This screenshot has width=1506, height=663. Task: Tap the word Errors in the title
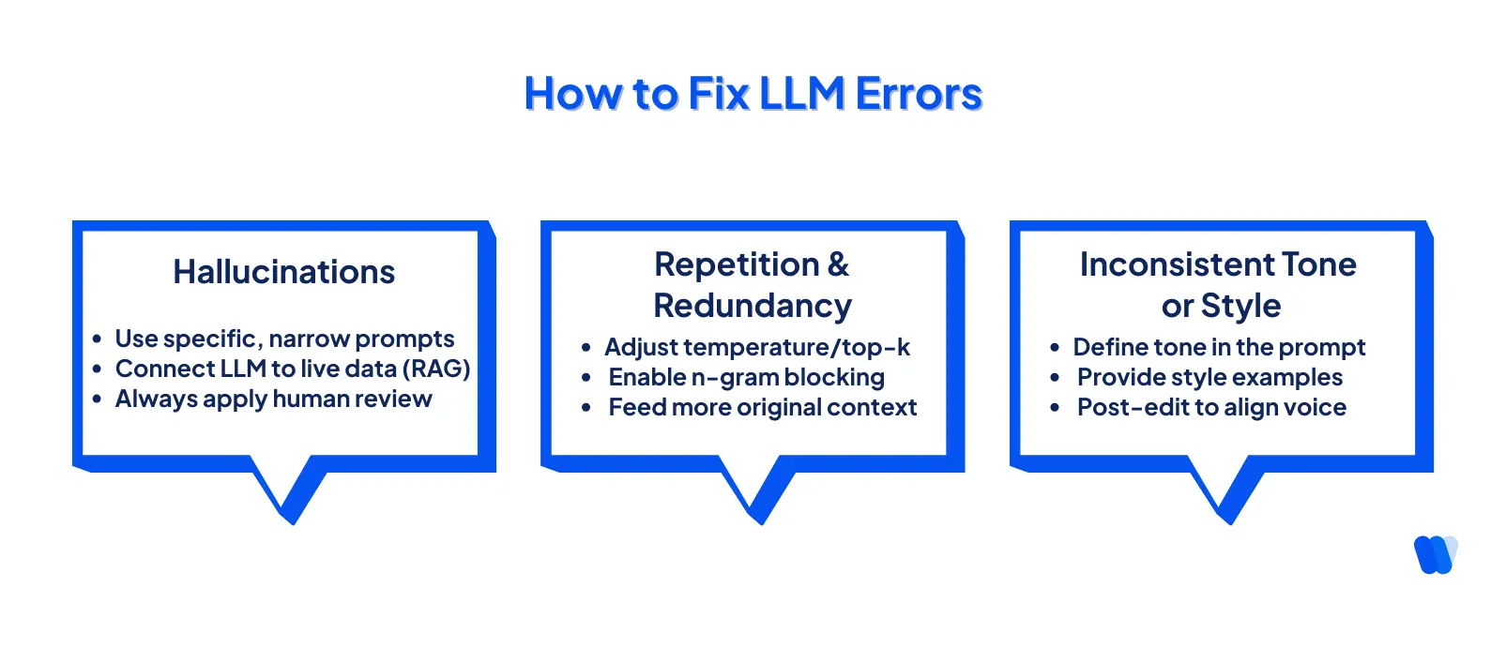click(919, 94)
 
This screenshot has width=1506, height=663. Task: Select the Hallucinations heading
click(283, 272)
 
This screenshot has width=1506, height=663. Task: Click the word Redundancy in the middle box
click(753, 306)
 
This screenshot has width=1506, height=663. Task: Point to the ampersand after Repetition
click(838, 264)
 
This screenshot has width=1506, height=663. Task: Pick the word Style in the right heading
click(1240, 306)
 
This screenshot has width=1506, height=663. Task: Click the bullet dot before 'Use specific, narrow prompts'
click(97, 339)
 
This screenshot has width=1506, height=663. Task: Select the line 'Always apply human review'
click(273, 399)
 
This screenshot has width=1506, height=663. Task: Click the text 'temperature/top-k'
click(809, 347)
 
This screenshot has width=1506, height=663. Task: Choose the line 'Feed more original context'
click(762, 407)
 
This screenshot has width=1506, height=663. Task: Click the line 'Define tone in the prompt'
click(1219, 347)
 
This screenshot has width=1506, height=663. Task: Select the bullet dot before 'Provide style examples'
click(1055, 377)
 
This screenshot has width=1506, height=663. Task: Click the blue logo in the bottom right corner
click(1435, 554)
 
